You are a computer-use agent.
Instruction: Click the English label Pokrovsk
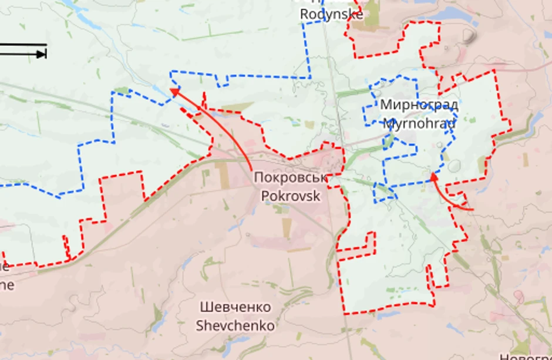(291, 196)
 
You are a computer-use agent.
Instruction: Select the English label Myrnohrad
(419, 124)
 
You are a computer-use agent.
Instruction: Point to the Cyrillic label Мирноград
(419, 106)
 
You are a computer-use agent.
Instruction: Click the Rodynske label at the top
(331, 14)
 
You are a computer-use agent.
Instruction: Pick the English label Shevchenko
(235, 325)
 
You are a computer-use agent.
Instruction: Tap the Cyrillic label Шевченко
(235, 307)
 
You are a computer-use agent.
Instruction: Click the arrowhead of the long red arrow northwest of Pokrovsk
(173, 90)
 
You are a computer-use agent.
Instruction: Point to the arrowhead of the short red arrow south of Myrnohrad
(433, 176)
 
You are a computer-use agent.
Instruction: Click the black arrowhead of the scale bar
(42, 55)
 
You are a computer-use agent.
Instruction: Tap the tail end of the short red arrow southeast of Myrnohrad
(472, 208)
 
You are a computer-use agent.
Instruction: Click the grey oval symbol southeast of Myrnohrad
(456, 166)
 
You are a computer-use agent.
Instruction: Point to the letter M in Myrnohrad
(388, 124)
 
